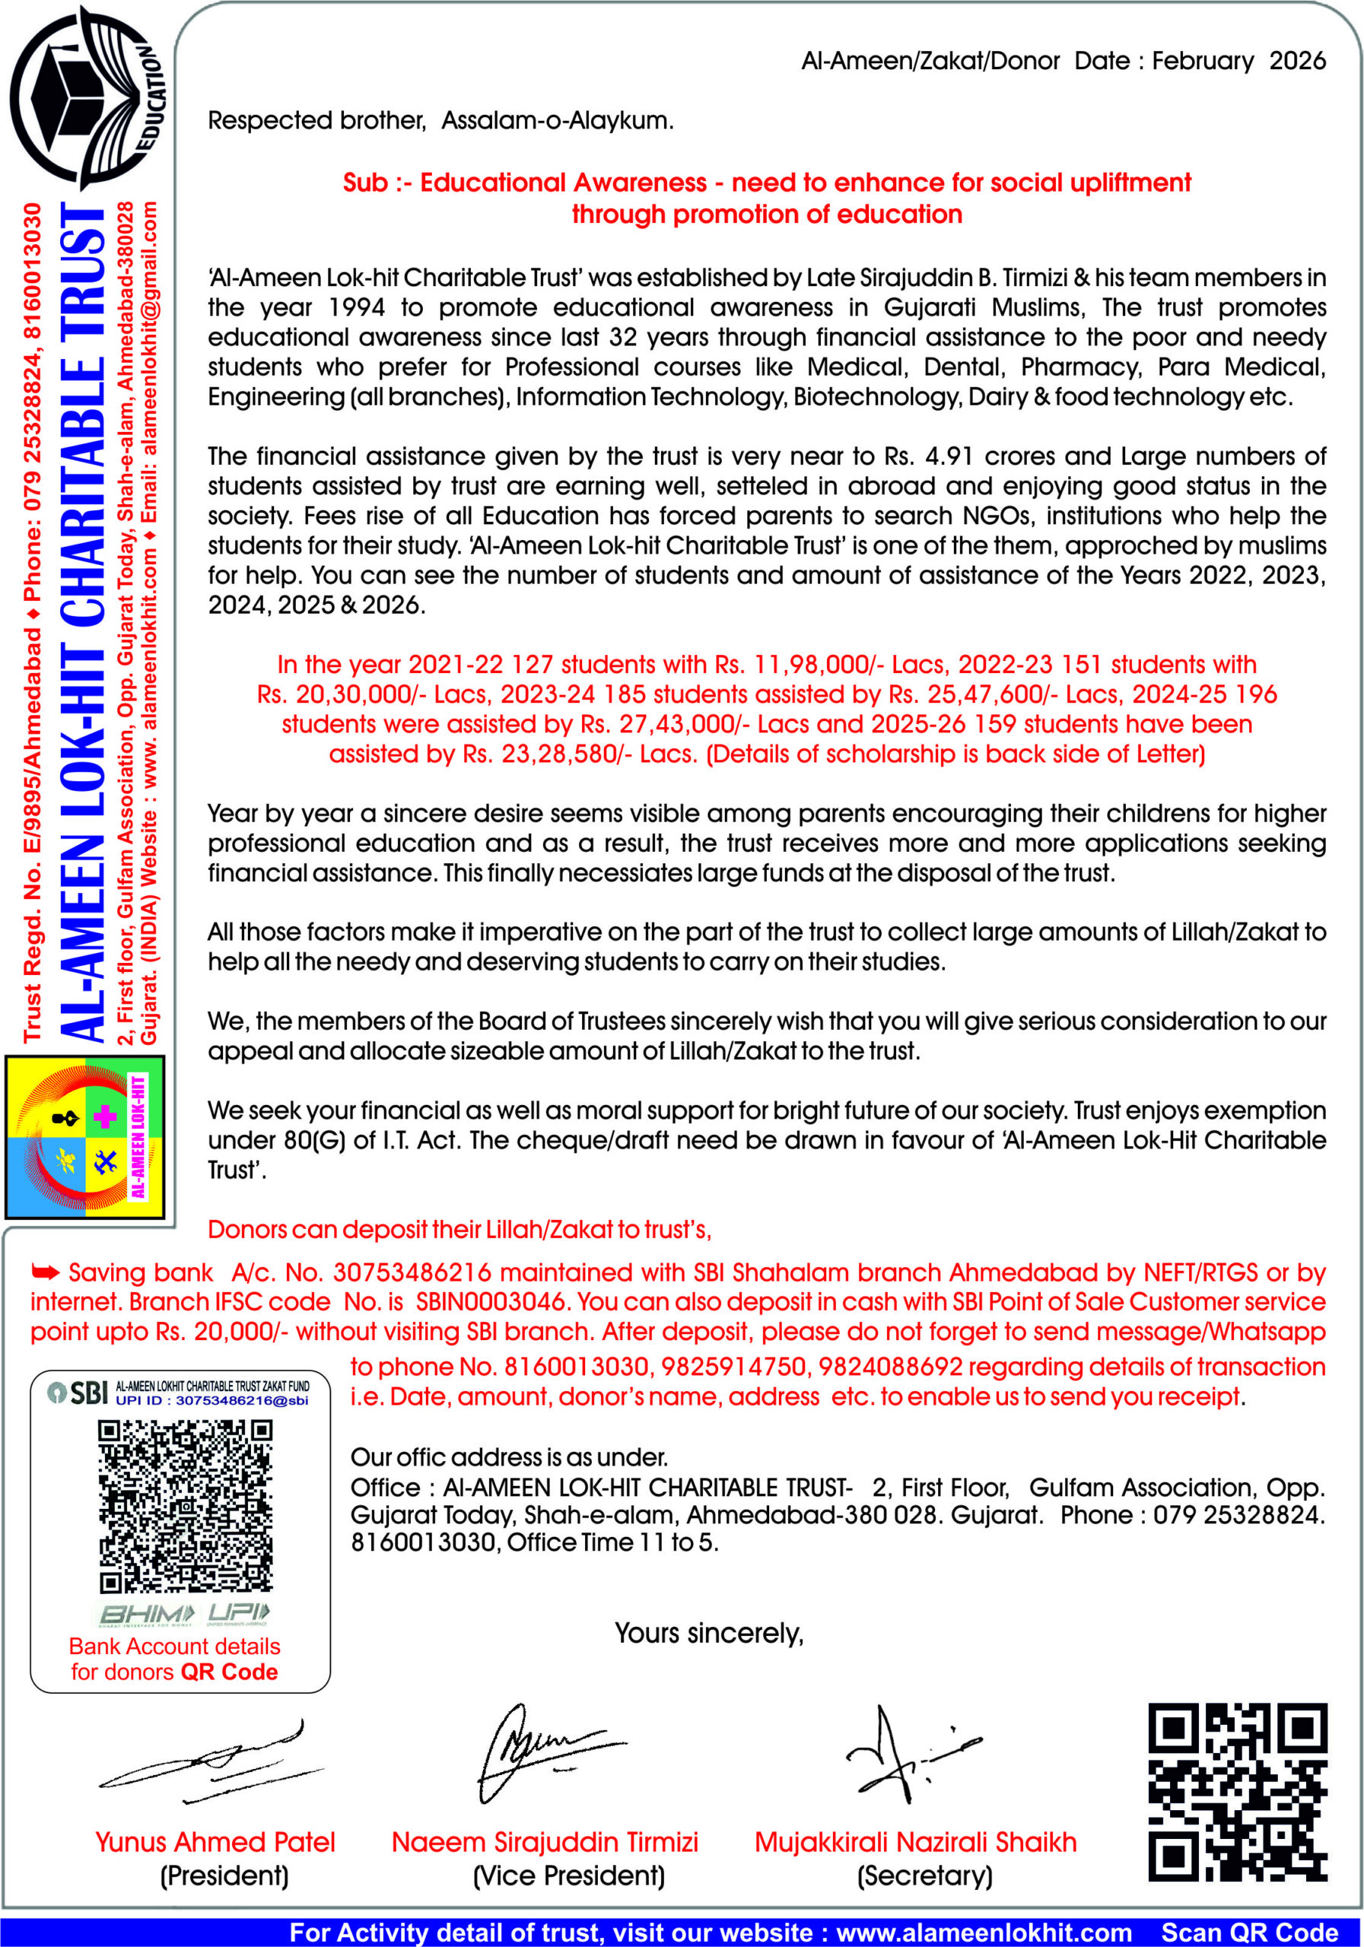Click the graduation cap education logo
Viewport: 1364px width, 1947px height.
coord(85,97)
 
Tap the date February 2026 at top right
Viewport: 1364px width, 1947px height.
coord(1238,61)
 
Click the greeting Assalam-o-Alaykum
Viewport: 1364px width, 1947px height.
coord(558,121)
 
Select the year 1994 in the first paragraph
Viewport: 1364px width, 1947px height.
coord(356,308)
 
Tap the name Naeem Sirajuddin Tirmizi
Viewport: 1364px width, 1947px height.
coord(545,1842)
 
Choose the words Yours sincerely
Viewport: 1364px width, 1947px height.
coord(708,1633)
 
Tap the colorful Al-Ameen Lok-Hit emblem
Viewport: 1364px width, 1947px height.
coord(85,1137)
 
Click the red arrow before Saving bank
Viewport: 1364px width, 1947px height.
coord(46,1272)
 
